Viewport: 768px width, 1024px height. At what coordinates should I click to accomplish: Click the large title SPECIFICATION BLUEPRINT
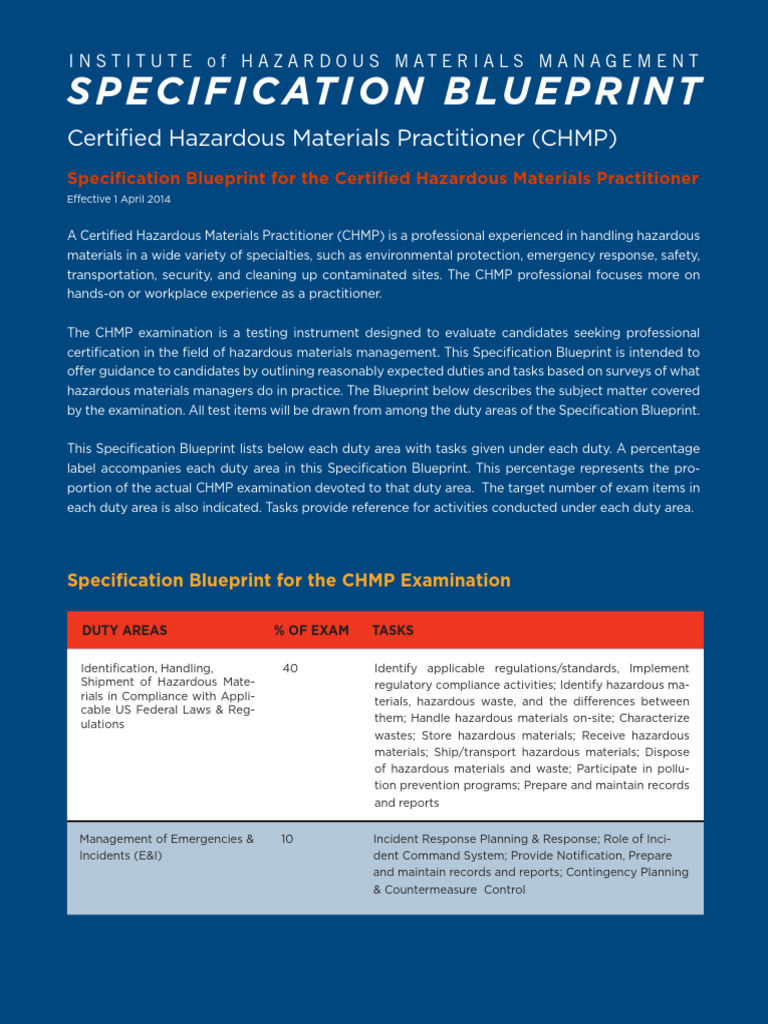pos(384,92)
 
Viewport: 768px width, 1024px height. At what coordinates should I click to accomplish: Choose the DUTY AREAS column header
pos(124,630)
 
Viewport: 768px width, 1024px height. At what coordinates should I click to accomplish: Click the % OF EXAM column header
pos(311,630)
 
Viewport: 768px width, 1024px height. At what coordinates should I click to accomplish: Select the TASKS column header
pos(392,630)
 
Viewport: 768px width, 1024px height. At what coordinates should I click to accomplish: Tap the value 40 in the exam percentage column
pos(290,667)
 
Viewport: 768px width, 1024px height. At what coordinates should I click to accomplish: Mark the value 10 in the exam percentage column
pos(287,839)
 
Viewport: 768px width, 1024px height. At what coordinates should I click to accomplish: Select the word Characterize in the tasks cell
pos(652,718)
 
